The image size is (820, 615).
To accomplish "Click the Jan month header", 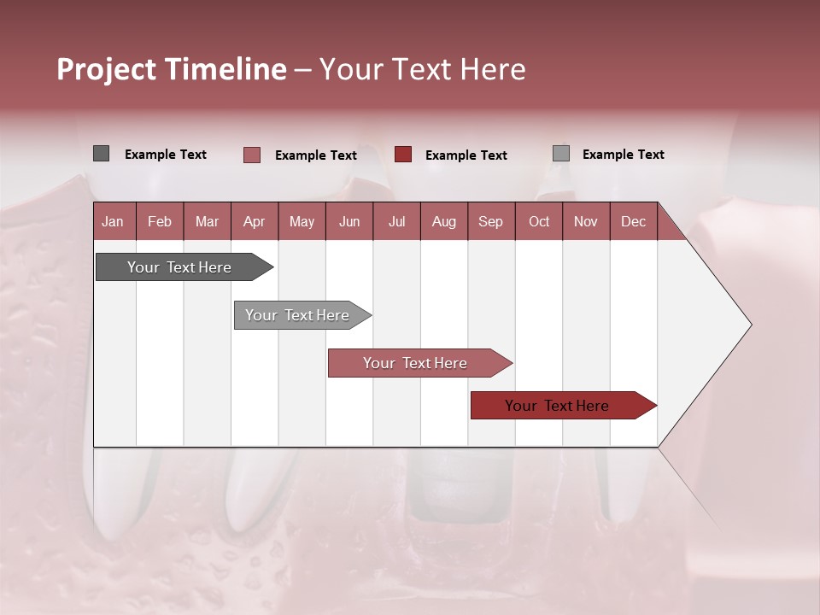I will (113, 221).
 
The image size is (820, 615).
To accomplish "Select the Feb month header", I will (160, 221).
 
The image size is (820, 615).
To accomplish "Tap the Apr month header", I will (254, 221).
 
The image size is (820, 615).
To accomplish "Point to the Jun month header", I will (348, 221).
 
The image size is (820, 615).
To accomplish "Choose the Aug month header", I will (443, 221).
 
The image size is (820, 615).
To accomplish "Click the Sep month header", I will (490, 221).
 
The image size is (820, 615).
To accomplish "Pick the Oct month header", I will (538, 221).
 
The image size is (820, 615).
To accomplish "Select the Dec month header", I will (633, 221).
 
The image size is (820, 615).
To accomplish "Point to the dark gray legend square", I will (101, 154).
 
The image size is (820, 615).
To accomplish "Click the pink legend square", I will (251, 155).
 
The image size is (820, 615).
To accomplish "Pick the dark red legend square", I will (403, 155).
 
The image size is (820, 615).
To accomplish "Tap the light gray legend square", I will (560, 154).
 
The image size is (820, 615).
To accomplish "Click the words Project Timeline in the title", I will (172, 69).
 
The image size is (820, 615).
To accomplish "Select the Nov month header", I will (585, 221).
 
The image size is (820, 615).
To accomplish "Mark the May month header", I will (302, 221).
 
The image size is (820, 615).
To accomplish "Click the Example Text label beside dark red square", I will (466, 155).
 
